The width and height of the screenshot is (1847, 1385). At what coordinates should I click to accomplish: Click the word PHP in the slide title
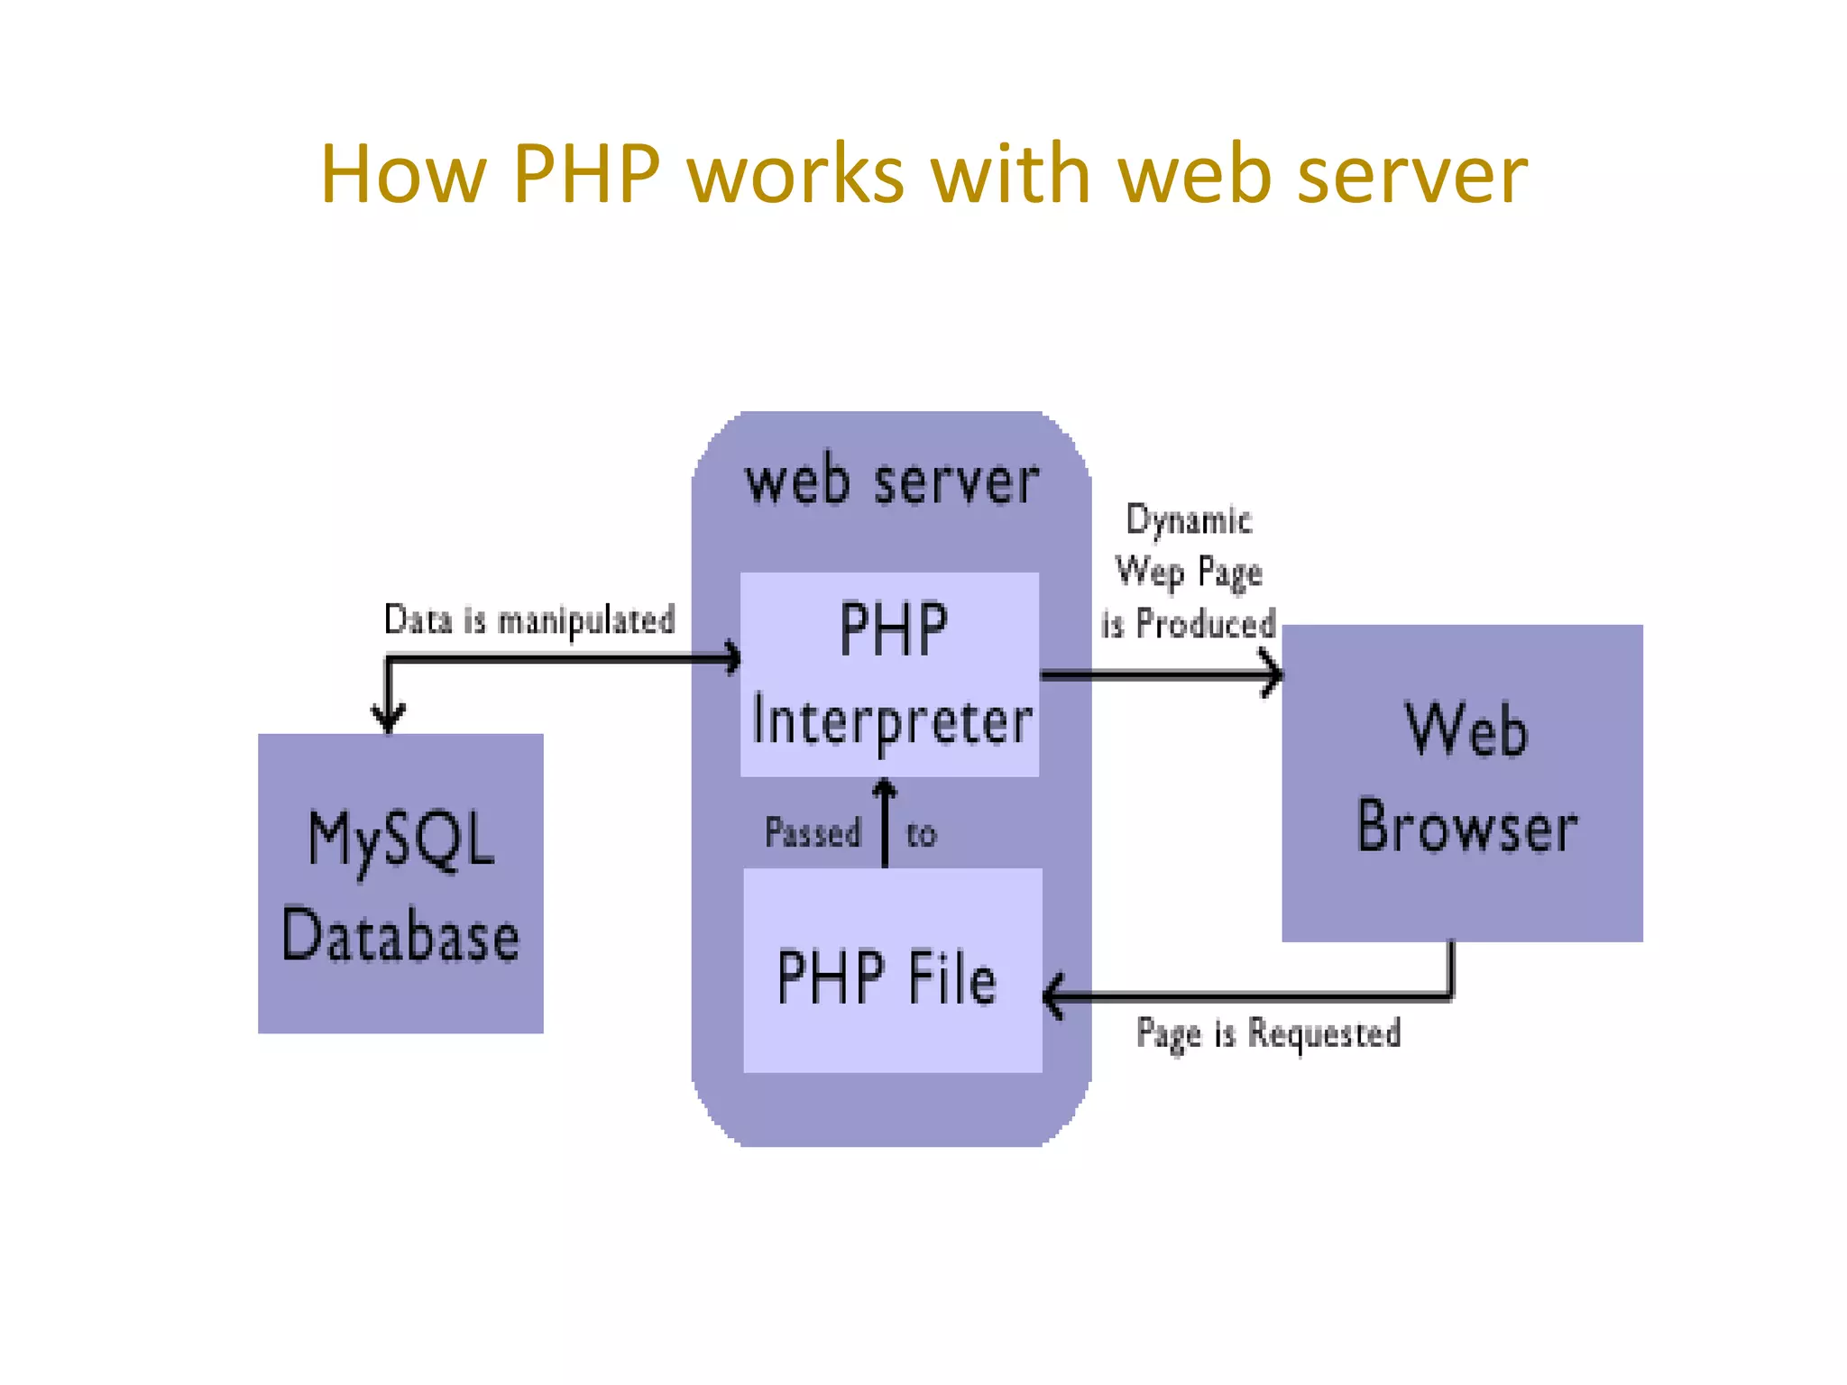586,173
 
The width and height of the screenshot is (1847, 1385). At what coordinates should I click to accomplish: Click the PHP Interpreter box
889,674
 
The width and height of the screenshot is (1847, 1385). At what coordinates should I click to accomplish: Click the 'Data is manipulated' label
529,620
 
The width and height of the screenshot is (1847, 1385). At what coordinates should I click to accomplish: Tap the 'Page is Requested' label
1268,1033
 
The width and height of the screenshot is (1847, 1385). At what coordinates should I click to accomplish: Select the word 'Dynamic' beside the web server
1189,521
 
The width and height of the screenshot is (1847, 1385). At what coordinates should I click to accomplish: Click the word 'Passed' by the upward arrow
813,832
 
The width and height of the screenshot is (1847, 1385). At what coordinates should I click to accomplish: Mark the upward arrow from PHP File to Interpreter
885,822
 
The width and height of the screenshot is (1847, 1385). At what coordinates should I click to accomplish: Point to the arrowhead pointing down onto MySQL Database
389,719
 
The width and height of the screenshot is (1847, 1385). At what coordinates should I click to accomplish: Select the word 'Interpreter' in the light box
892,723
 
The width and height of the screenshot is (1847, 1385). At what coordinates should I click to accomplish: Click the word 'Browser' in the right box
1466,827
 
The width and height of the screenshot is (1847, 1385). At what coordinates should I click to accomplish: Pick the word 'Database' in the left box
400,936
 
